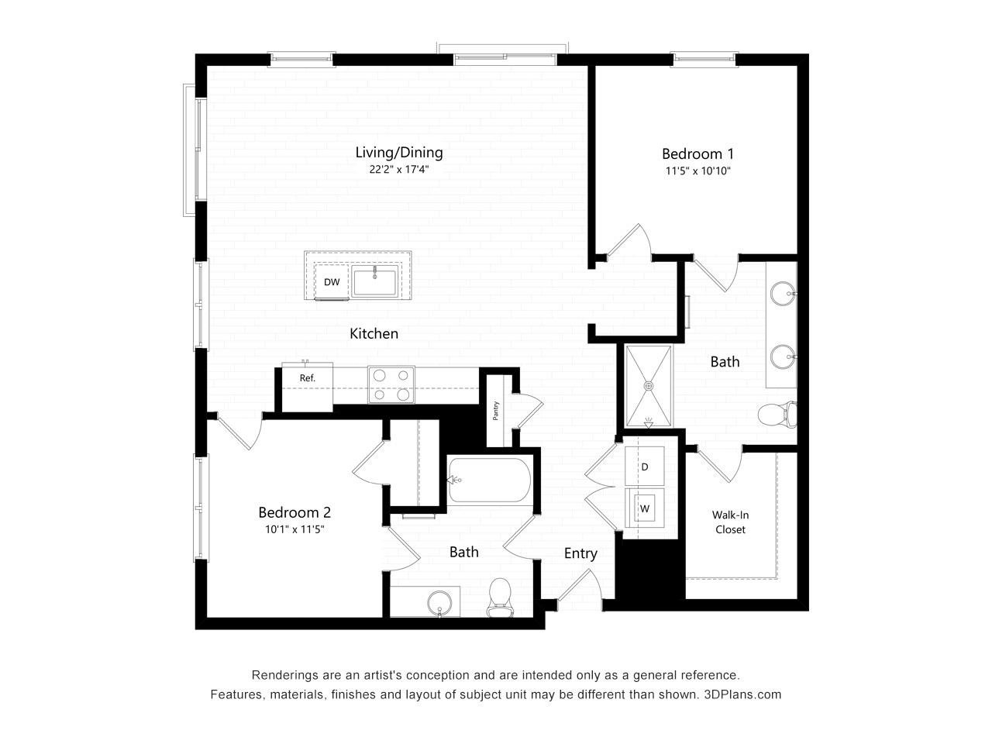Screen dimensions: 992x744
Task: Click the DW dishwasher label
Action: pyautogui.click(x=331, y=282)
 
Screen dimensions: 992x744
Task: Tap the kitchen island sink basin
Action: pyautogui.click(x=374, y=282)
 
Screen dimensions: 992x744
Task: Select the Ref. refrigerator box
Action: pyautogui.click(x=308, y=387)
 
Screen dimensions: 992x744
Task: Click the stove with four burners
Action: pyautogui.click(x=391, y=384)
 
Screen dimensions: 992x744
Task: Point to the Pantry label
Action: pyautogui.click(x=496, y=411)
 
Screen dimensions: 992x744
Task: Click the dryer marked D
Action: pyautogui.click(x=645, y=467)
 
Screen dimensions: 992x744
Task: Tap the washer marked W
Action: pyautogui.click(x=645, y=508)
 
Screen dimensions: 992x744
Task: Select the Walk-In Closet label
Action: pyautogui.click(x=730, y=522)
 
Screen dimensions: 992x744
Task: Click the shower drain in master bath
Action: pyautogui.click(x=649, y=386)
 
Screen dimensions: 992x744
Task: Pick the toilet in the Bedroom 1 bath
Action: pyautogui.click(x=777, y=414)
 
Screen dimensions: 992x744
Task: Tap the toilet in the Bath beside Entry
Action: pyautogui.click(x=500, y=598)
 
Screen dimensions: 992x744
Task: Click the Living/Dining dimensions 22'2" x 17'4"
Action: pyautogui.click(x=398, y=170)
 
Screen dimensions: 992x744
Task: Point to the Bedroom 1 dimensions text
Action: pyautogui.click(x=697, y=170)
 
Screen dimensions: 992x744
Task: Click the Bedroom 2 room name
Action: pyautogui.click(x=294, y=512)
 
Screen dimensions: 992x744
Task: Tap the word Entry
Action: pyautogui.click(x=580, y=554)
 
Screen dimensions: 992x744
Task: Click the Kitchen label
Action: pyautogui.click(x=374, y=333)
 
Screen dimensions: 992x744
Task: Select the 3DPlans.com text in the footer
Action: pyautogui.click(x=742, y=694)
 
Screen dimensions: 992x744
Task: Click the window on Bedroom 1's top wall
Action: pyautogui.click(x=704, y=60)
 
